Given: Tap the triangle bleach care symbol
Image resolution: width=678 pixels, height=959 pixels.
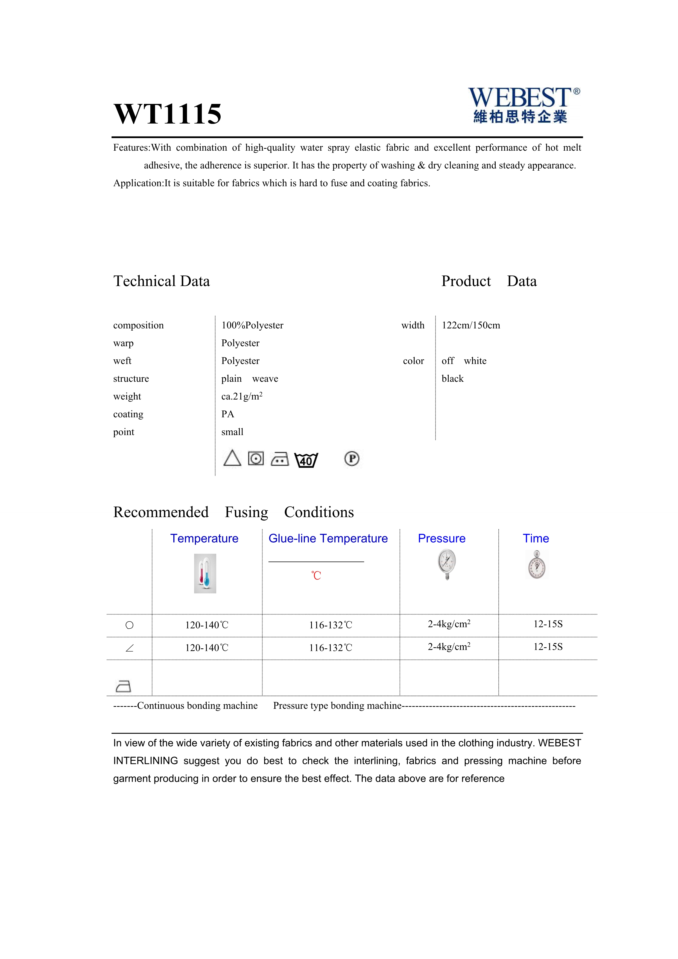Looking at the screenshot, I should click(232, 458).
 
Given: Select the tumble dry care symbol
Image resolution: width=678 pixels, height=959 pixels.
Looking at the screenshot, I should click(256, 458).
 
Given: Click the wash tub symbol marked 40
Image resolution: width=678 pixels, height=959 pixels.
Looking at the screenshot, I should click(306, 460).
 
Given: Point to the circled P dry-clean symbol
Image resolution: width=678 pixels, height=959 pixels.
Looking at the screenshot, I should click(352, 459).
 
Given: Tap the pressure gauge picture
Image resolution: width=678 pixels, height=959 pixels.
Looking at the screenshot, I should click(447, 564).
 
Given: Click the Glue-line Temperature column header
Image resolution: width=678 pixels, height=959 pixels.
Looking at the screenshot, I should click(328, 538).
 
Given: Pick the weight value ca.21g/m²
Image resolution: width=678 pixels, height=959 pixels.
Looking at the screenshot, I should click(242, 397).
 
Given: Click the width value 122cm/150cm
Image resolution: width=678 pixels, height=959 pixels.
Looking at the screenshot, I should click(470, 325).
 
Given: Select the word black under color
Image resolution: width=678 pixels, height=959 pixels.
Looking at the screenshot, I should click(452, 379).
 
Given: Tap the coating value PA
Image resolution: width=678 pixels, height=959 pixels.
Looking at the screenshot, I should click(227, 414).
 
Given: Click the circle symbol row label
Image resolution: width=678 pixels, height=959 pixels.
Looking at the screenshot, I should click(129, 625).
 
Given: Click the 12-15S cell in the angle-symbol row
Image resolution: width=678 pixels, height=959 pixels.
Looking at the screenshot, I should click(548, 647).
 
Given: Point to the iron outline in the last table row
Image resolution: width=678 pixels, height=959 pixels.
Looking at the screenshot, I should click(123, 686).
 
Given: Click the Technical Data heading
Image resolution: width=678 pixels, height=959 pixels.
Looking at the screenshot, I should click(162, 281).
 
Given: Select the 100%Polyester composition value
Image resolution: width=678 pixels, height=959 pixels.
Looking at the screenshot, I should click(252, 325).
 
